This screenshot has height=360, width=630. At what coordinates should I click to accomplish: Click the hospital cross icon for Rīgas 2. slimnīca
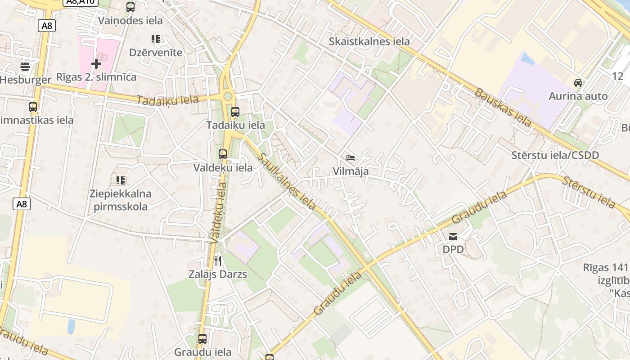click(x=96, y=64)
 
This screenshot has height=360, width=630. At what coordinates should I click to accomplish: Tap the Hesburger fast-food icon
click(x=25, y=67)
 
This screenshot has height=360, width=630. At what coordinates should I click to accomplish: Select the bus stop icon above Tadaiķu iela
click(x=235, y=112)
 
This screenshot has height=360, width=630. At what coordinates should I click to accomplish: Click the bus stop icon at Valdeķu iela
click(x=222, y=154)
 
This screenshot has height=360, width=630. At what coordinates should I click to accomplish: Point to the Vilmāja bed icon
click(x=351, y=158)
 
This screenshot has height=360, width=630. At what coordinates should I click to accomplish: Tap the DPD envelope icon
click(x=453, y=236)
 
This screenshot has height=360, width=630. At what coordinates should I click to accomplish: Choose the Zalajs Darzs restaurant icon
click(x=218, y=261)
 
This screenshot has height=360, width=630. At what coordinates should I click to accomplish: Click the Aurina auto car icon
click(x=578, y=82)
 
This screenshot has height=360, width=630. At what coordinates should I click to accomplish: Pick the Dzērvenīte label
click(x=156, y=52)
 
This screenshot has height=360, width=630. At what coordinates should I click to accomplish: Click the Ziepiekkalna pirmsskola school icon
click(x=120, y=180)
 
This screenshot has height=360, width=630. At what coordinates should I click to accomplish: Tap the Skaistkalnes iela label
click(x=369, y=41)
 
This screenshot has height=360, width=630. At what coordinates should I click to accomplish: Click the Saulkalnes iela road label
click(x=287, y=181)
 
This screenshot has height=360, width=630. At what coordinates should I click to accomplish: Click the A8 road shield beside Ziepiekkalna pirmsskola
click(x=21, y=204)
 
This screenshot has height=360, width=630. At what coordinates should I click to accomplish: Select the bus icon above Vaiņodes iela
click(x=130, y=7)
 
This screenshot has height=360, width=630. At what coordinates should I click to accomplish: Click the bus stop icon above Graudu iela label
click(x=202, y=338)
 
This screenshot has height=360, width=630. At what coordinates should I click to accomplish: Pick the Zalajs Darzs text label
click(x=218, y=274)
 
